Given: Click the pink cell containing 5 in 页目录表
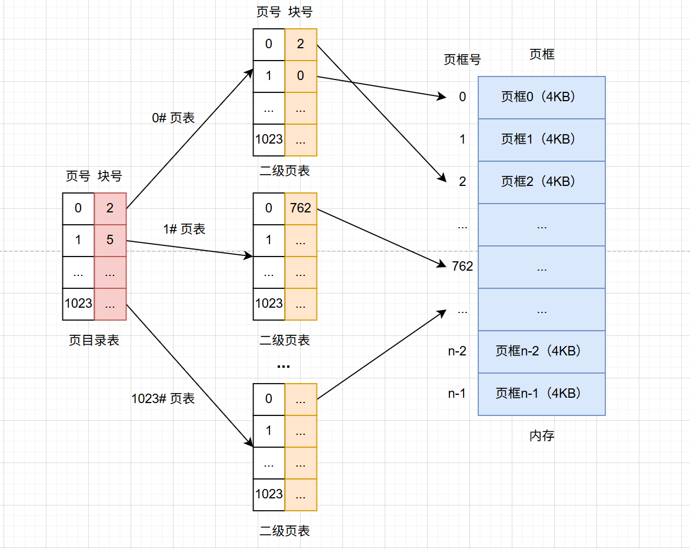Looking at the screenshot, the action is click(110, 241).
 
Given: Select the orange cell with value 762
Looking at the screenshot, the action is click(301, 209).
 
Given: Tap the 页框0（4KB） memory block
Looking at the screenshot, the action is click(542, 97).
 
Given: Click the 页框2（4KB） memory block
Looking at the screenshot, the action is click(542, 182).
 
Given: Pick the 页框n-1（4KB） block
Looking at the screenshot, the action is click(542, 394).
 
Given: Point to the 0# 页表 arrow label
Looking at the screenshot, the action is click(174, 118).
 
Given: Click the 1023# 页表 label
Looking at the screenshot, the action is click(164, 398).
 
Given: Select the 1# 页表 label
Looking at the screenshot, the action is click(184, 229).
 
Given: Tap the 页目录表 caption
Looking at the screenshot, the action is click(94, 340).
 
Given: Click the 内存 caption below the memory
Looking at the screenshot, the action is click(542, 435).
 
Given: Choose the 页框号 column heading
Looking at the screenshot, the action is click(462, 59).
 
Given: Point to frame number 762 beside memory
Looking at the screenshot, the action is click(462, 267).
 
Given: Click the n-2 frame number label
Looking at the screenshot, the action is click(457, 351).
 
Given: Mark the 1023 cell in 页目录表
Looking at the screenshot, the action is click(78, 304).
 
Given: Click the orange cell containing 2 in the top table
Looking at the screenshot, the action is click(301, 45).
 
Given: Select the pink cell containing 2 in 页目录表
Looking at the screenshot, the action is click(110, 209).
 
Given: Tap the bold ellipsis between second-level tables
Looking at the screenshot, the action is click(284, 366).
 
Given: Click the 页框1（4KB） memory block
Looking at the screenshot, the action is click(542, 140).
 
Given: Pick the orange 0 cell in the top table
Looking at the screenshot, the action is click(301, 76).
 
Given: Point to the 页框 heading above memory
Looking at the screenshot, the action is click(542, 54).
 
